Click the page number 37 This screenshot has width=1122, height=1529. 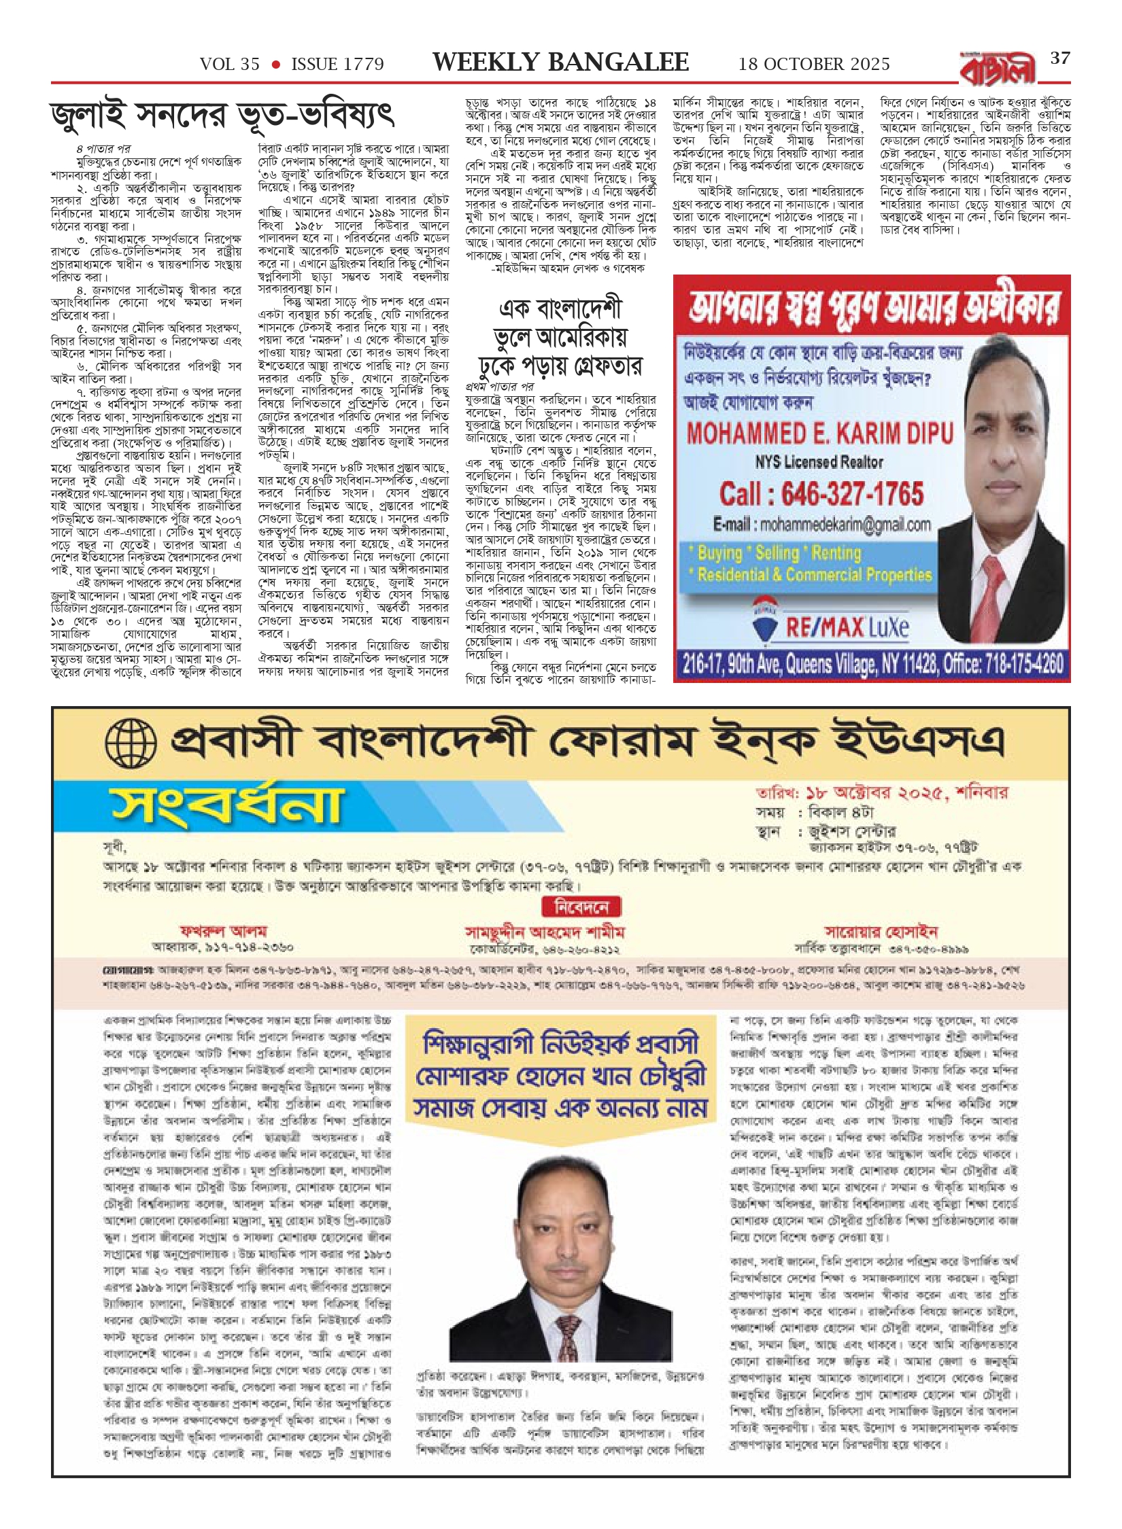click(1060, 59)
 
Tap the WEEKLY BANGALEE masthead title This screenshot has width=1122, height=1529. click(560, 63)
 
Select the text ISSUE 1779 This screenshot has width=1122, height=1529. click(337, 65)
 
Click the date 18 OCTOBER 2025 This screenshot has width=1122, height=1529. click(814, 65)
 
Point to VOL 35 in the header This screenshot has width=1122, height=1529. click(230, 65)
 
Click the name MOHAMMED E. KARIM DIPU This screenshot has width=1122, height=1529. click(820, 433)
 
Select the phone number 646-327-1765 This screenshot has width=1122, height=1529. click(821, 494)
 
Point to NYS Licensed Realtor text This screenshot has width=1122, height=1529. click(819, 463)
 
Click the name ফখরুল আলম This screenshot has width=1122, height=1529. click(223, 931)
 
